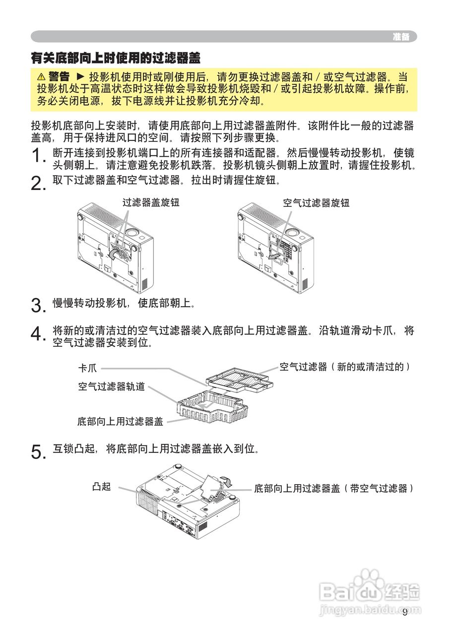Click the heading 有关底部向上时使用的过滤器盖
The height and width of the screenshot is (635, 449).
(116, 59)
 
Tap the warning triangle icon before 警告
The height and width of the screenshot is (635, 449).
(41, 77)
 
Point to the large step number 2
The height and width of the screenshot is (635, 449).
(38, 184)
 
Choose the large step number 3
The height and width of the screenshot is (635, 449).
(38, 305)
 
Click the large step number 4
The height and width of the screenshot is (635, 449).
(38, 334)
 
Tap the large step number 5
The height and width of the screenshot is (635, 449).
(38, 452)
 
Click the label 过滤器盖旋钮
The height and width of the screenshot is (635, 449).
(151, 202)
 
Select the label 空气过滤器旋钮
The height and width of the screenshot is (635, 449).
(316, 202)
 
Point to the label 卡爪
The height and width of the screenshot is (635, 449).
(87, 369)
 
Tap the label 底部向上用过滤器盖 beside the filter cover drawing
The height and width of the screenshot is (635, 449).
(120, 422)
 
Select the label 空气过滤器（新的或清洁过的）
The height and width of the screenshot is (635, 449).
(345, 367)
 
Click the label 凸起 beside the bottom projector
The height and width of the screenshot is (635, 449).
(101, 487)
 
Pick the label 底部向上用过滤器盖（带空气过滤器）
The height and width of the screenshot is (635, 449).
(333, 489)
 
